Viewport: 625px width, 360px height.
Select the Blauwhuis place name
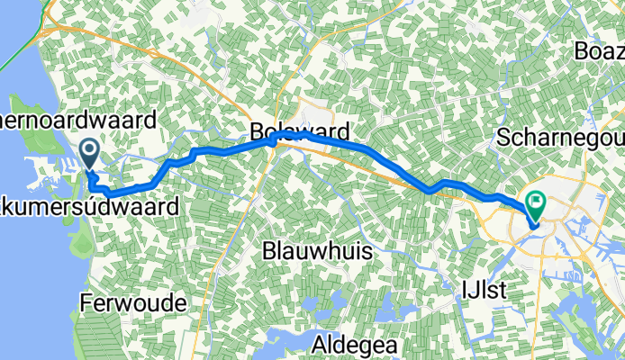(317, 252)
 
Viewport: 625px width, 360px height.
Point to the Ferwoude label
(133, 302)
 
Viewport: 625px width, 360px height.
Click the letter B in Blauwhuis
(269, 252)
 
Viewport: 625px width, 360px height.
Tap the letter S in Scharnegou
(505, 139)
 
